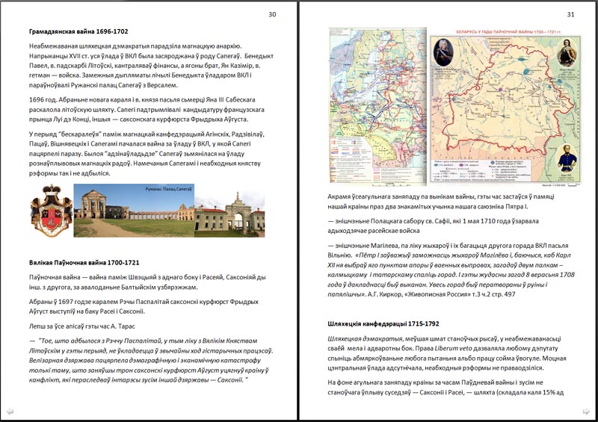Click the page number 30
(x=272, y=14)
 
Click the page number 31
(x=571, y=14)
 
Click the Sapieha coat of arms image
(x=50, y=211)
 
